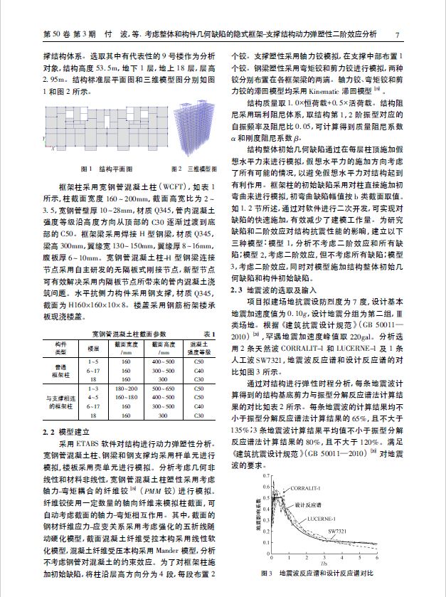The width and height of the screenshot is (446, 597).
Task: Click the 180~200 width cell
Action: click(126, 389)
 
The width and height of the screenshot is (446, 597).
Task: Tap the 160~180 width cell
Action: click(126, 398)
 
